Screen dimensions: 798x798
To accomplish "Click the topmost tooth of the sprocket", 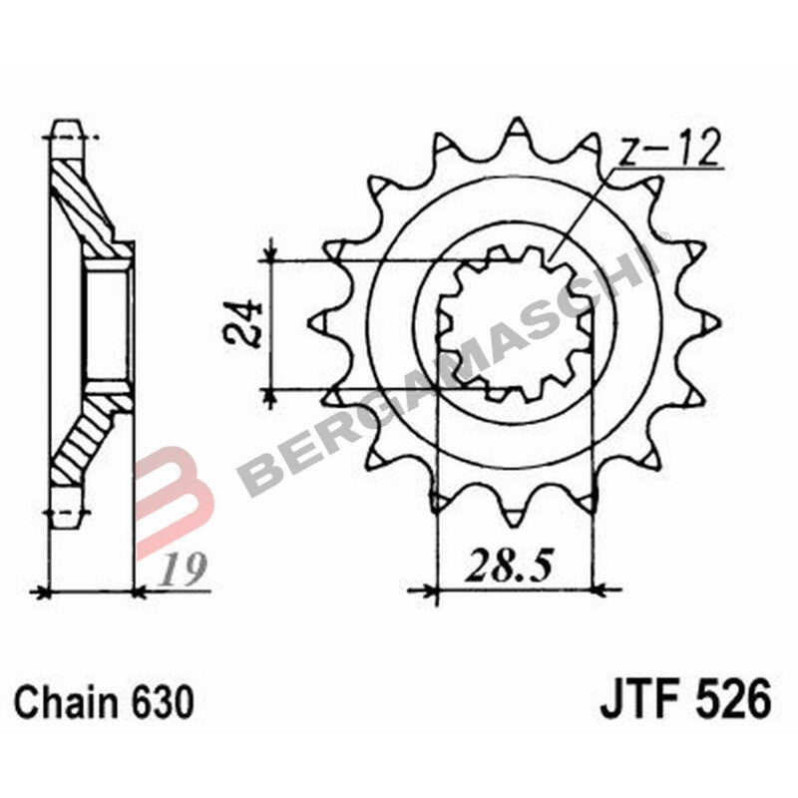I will pos(517,130).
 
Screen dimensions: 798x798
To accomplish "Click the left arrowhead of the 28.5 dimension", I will pos(431,590).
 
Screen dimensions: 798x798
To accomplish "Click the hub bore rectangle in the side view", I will pos(108,320).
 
